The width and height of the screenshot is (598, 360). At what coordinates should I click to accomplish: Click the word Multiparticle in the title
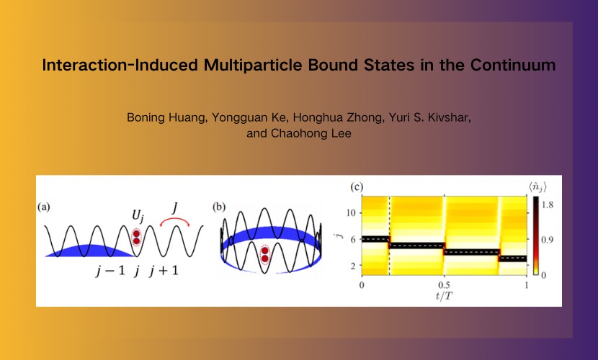click(x=253, y=65)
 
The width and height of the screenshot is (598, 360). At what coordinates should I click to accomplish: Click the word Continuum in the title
click(x=512, y=65)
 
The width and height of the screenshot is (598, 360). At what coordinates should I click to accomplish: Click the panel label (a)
click(x=44, y=207)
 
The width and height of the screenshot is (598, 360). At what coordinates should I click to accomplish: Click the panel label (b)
click(x=219, y=207)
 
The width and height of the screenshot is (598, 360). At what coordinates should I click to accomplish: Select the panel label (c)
click(x=357, y=186)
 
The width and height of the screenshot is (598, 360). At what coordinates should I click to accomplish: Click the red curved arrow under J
click(x=174, y=221)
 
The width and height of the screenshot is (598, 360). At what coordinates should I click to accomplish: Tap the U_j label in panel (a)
click(x=138, y=216)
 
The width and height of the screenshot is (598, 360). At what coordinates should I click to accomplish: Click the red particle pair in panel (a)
click(x=136, y=238)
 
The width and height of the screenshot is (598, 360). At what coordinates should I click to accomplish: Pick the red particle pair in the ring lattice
click(x=264, y=254)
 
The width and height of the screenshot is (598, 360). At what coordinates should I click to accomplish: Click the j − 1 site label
click(x=110, y=271)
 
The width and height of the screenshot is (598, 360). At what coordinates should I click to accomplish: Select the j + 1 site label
click(x=164, y=271)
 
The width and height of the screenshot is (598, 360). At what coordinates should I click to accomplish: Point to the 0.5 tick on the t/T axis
click(x=444, y=284)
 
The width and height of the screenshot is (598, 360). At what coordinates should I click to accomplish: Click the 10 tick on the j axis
click(x=351, y=212)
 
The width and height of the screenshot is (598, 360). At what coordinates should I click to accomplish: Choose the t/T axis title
click(x=445, y=296)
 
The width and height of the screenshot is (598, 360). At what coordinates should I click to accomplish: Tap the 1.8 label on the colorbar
click(x=548, y=205)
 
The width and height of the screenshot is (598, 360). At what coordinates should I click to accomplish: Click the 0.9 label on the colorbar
click(x=548, y=240)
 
